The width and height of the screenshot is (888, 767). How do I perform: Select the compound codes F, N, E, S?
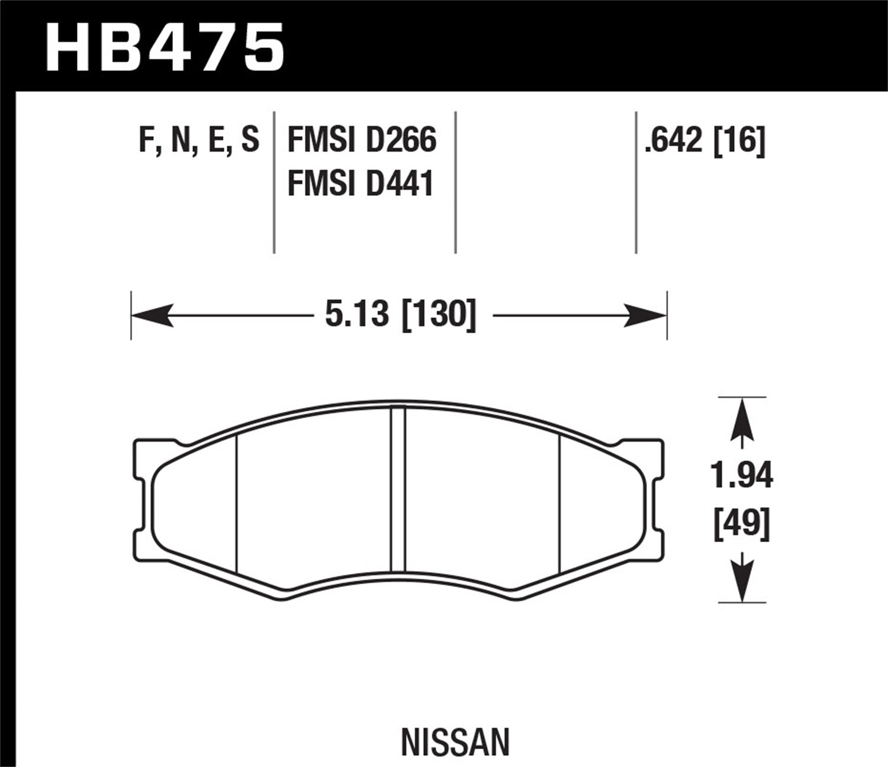point(199,141)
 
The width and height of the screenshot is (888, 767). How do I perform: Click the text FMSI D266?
point(361,141)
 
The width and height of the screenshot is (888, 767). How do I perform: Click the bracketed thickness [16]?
point(740,141)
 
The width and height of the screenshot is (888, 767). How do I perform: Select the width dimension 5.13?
point(357,314)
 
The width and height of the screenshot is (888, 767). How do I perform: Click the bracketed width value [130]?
point(439,314)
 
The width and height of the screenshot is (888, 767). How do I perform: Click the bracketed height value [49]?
point(742,523)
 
